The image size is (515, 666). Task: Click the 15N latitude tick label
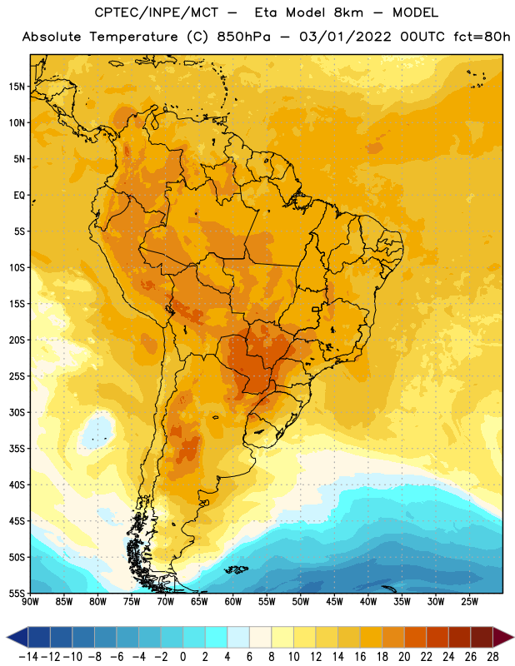[x=17, y=87]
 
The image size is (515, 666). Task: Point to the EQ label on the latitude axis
[x=19, y=196]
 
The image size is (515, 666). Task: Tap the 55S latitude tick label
[x=17, y=593]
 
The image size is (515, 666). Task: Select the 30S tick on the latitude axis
[x=17, y=412]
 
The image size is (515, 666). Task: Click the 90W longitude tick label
[x=30, y=601]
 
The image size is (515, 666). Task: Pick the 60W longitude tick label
[x=233, y=601]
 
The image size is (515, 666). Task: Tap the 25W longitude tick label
[x=469, y=601]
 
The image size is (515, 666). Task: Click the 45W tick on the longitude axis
[x=334, y=601]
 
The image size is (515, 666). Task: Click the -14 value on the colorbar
[x=28, y=657]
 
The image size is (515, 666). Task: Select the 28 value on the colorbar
[x=492, y=657]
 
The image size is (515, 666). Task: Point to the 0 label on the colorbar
[x=182, y=657]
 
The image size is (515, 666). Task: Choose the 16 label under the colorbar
[x=360, y=657]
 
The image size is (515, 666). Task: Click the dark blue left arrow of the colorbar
[x=17, y=637]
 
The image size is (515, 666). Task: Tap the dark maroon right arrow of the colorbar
[x=503, y=637]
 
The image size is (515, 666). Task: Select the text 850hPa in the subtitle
[x=243, y=37]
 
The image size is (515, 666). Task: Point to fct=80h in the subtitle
[x=482, y=37]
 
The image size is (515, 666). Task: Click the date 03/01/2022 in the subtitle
[x=345, y=37]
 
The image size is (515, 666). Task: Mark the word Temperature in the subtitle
[x=133, y=37]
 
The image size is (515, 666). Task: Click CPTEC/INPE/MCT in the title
[x=156, y=12]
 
